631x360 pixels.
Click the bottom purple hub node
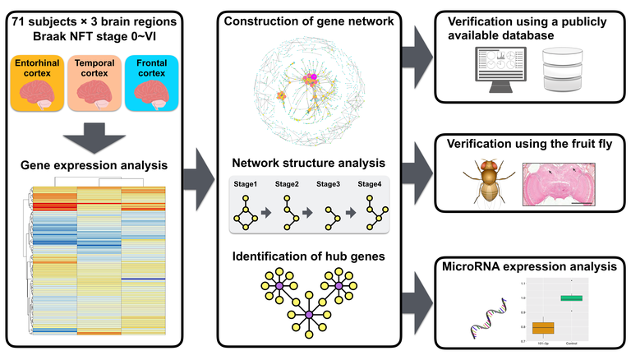(x=308, y=315)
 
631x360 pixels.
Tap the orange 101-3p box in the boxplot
(x=543, y=327)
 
